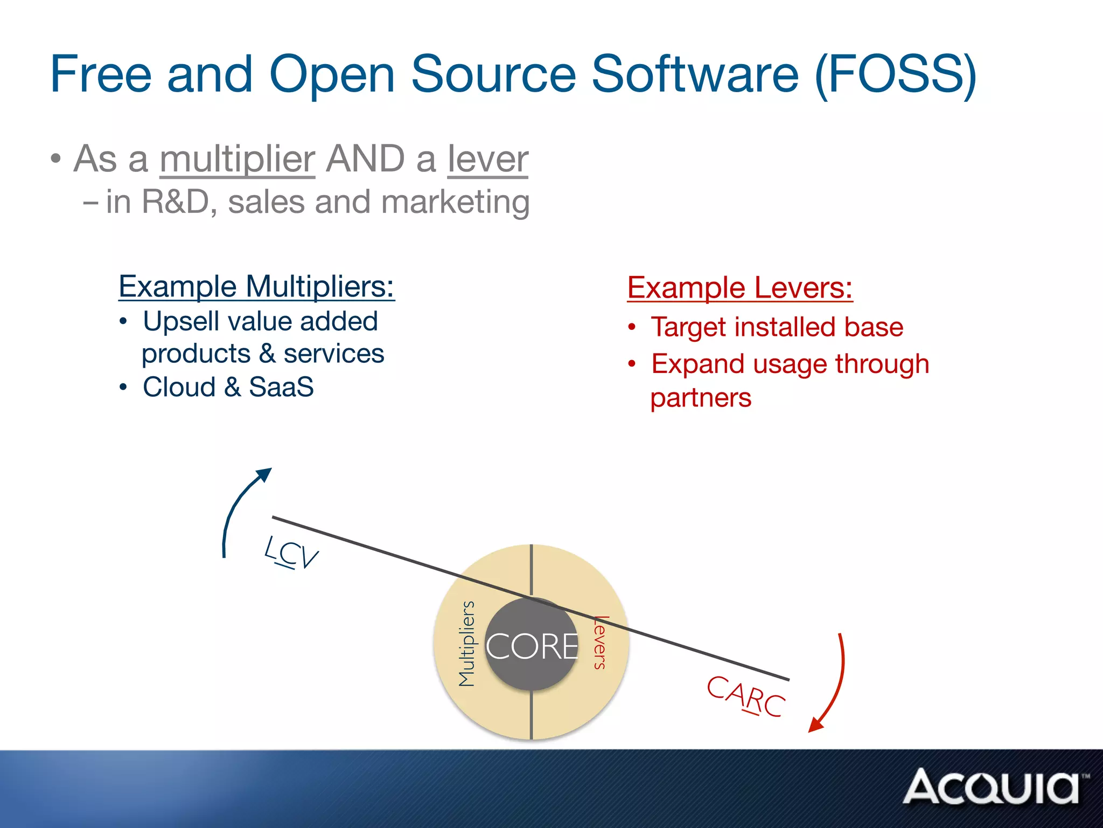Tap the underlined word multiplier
coord(237,159)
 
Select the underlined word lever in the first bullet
coord(488,159)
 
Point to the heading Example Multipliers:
coord(256,286)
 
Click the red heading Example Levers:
coord(739,287)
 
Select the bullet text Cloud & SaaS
coord(228,387)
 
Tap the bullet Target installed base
coord(777,327)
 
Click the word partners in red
coord(700,398)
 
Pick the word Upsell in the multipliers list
coord(181,322)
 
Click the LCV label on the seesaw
coord(291,552)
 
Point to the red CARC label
coord(746,696)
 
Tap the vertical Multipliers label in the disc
coord(466,644)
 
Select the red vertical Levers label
coord(601,643)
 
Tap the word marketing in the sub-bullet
coord(455,202)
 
